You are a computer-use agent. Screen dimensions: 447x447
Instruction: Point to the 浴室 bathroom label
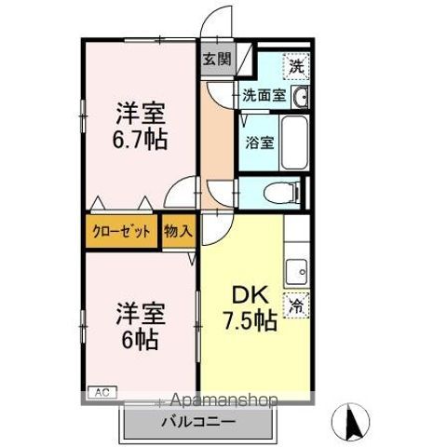click(x=260, y=142)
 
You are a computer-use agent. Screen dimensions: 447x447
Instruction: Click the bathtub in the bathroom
click(x=294, y=142)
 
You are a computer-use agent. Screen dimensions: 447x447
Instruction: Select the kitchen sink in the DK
click(x=298, y=272)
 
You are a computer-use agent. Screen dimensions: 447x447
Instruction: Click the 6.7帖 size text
click(x=141, y=142)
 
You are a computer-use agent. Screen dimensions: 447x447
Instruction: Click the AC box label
click(x=100, y=392)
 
